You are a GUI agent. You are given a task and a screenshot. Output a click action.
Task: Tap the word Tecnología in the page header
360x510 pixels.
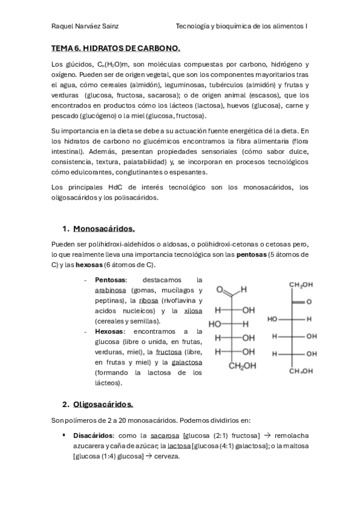coord(194,26)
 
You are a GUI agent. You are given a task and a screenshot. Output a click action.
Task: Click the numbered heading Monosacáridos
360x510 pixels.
coord(104,229)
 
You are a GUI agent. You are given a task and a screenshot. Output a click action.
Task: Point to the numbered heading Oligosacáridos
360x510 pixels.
coord(103,404)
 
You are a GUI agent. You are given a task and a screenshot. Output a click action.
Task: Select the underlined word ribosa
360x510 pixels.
coord(148,300)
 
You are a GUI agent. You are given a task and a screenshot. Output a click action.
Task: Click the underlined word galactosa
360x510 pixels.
coord(187,362)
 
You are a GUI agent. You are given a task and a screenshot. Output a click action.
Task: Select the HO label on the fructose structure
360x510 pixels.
coord(273,319)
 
